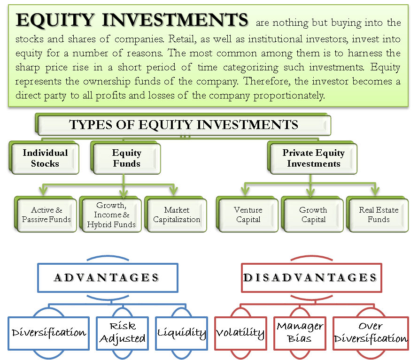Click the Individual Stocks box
pos(44,158)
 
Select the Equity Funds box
pos(126,158)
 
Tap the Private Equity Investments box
pos(312,158)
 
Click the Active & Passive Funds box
pos(46,214)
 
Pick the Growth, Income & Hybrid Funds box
pos(111,214)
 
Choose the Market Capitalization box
pos(176,214)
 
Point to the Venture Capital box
pos(248,214)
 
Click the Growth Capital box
pos(312,214)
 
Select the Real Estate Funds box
pos(378,214)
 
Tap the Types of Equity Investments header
pos(183,124)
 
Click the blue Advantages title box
pos(108,278)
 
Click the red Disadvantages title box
pos(311,278)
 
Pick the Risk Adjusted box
pos(123,333)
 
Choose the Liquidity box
pos(182,333)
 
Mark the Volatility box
pos(241,333)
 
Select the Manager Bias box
pos(300,333)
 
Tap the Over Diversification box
pos(371,333)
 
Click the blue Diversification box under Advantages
pos(48,333)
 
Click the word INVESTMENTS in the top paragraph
pos(175,20)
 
